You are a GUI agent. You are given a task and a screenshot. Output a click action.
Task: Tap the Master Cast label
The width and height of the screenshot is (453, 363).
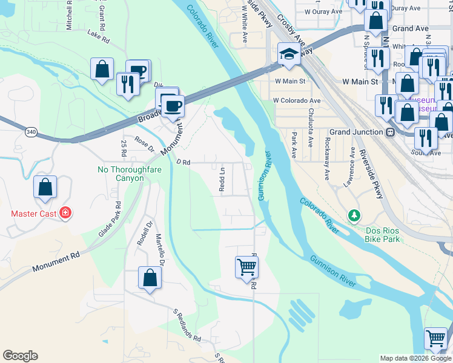coord(34,214)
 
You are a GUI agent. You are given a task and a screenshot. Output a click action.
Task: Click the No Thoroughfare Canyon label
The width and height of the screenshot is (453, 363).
coord(121,174)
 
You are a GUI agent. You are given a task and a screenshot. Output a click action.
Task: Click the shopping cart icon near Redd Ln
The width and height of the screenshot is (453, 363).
coord(247,266)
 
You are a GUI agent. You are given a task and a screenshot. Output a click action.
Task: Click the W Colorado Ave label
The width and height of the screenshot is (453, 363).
coord(297,100)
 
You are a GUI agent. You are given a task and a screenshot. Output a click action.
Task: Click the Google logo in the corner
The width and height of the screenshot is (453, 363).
coord(20,356)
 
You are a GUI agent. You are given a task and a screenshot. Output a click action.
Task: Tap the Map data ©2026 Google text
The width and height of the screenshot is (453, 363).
coord(415,358)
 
